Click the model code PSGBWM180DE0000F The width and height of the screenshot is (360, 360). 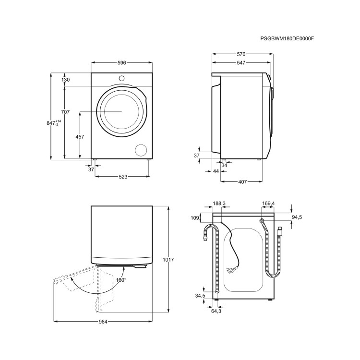[290, 38]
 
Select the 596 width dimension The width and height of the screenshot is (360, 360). [121, 63]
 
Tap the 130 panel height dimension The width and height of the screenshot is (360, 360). [66, 80]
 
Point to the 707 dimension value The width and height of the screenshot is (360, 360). [65, 112]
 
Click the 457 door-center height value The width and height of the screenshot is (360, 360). [80, 137]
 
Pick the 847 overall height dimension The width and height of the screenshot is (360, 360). [53, 123]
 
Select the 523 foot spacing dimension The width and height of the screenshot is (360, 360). [123, 177]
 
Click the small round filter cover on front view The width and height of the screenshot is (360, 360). [142, 150]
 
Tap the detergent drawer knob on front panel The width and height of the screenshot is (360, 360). [121, 78]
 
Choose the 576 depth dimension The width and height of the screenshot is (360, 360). [240, 54]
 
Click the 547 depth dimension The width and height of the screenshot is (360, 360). [240, 63]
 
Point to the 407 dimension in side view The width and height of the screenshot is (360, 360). [242, 181]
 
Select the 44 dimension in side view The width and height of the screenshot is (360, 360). [216, 171]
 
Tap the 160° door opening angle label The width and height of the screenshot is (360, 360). [120, 280]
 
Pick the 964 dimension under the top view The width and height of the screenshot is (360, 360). [103, 321]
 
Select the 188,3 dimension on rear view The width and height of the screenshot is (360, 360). [219, 204]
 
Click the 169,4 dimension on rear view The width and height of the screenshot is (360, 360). [268, 204]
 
